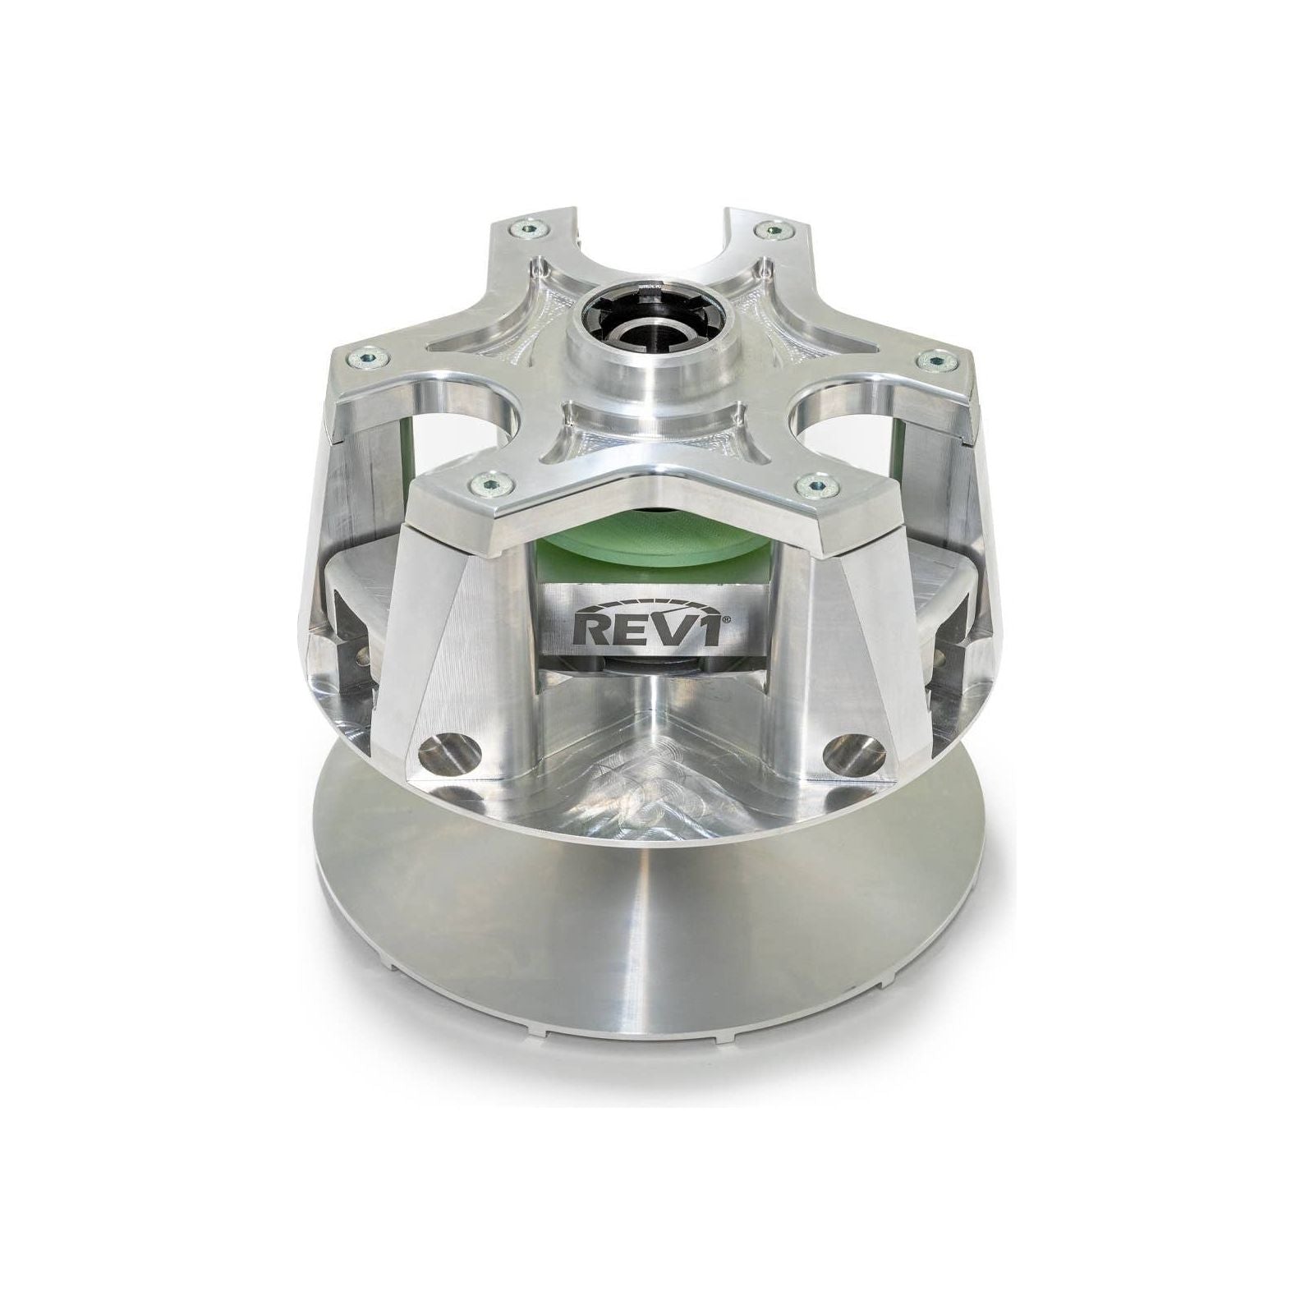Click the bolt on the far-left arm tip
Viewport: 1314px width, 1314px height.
(x=360, y=356)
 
